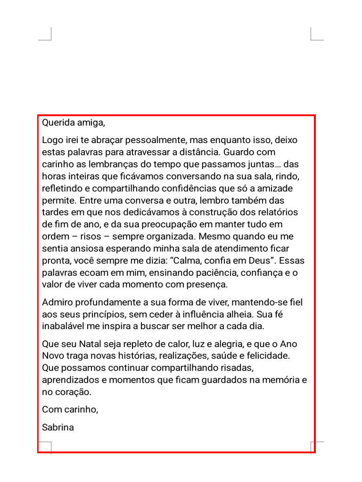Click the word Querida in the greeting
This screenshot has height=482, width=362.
pyautogui.click(x=57, y=123)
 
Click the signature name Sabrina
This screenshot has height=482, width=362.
pyautogui.click(x=58, y=428)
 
